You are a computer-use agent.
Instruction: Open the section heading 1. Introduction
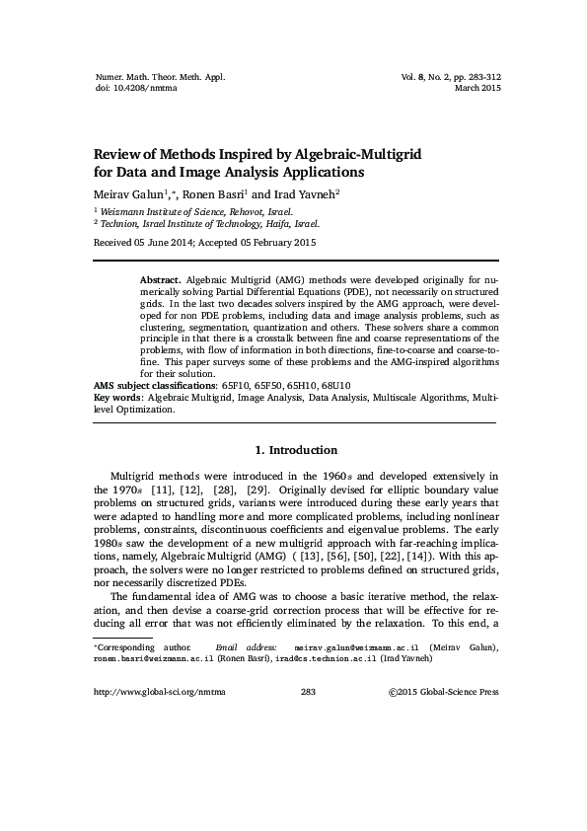(295, 450)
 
